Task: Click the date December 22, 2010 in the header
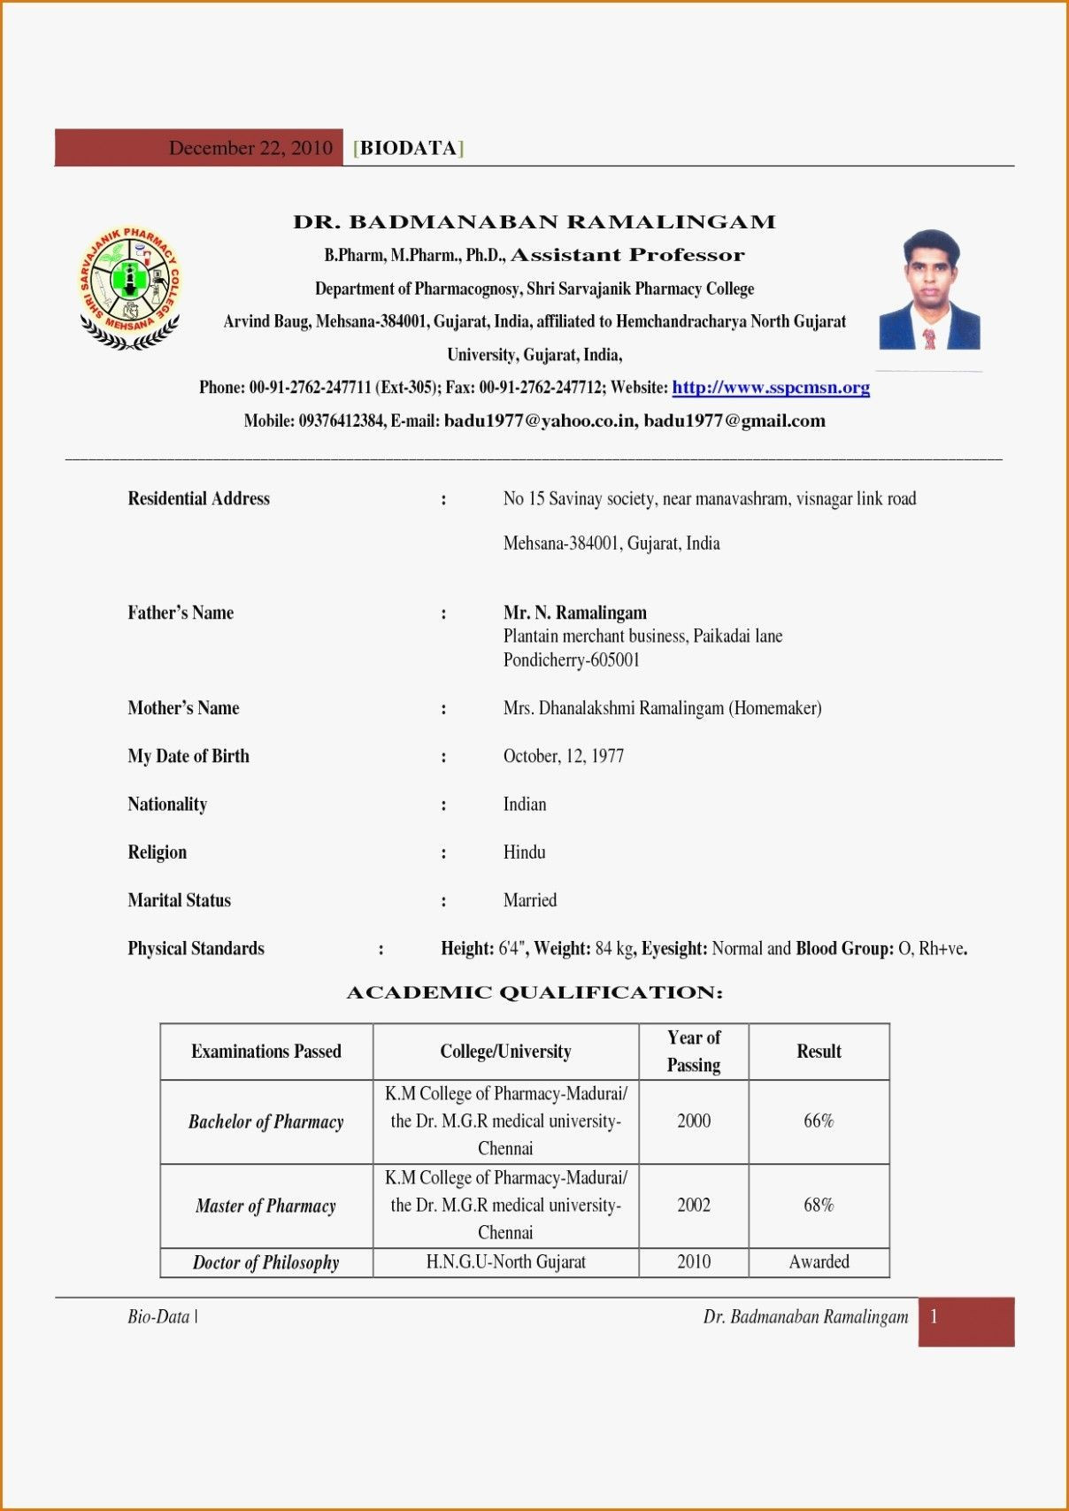tap(250, 148)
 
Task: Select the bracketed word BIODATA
tap(408, 148)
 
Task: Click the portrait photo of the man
tap(929, 290)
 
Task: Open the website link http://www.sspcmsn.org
tap(770, 388)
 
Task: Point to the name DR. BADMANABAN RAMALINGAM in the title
tap(534, 222)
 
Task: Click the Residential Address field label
tap(198, 498)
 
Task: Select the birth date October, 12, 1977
tap(563, 756)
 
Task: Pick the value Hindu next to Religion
tap(524, 852)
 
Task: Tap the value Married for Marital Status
tap(529, 900)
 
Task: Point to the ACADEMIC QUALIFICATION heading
tap(534, 992)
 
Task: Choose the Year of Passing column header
tap(693, 1051)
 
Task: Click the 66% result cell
tap(819, 1121)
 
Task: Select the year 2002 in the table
tap(693, 1205)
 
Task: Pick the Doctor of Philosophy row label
tap(265, 1262)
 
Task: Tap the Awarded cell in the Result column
tap(819, 1262)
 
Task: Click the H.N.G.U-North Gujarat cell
tap(505, 1262)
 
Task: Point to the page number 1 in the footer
tap(934, 1317)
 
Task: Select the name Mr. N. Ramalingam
tap(574, 613)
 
